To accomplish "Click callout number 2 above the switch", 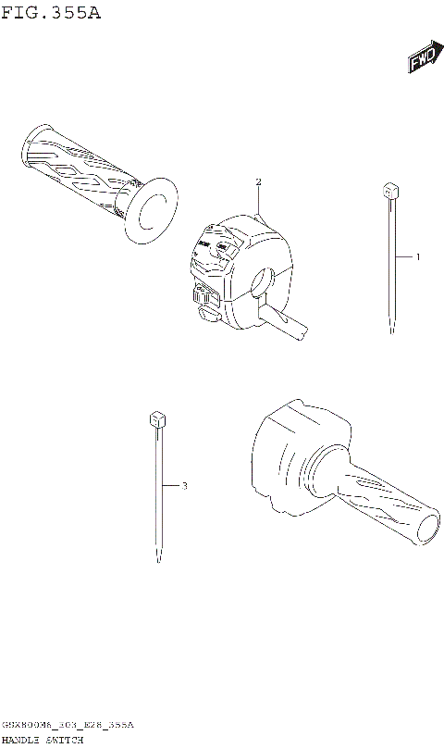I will pyautogui.click(x=259, y=181).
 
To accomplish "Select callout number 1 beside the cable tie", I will pyautogui.click(x=417, y=256).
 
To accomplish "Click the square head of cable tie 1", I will pyautogui.click(x=388, y=192).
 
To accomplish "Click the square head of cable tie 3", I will pyautogui.click(x=155, y=419).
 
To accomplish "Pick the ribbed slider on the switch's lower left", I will pyautogui.click(x=204, y=296).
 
